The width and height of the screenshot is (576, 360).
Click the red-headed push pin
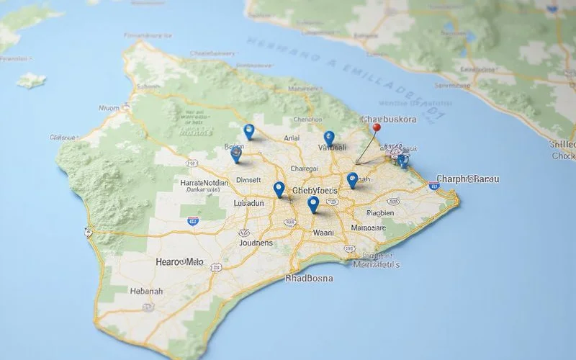pos(376,127)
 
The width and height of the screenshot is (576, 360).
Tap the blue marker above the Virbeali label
pos(329,137)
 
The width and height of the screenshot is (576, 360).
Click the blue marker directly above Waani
pos(312,204)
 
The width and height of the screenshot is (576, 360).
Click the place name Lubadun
pos(250,204)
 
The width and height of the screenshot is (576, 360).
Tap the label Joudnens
pos(255,243)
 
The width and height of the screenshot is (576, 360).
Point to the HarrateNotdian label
pos(204,183)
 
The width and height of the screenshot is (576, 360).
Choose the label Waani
pos(324,233)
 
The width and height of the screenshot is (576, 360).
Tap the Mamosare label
pos(369,228)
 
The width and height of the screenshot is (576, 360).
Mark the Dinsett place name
pos(249,181)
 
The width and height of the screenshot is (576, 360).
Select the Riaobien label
pos(380,213)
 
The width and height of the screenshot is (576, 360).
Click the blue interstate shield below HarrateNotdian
pos(193,222)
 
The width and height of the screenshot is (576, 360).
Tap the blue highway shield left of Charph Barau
pos(433,186)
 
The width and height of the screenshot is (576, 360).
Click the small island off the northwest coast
pos(30,80)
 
